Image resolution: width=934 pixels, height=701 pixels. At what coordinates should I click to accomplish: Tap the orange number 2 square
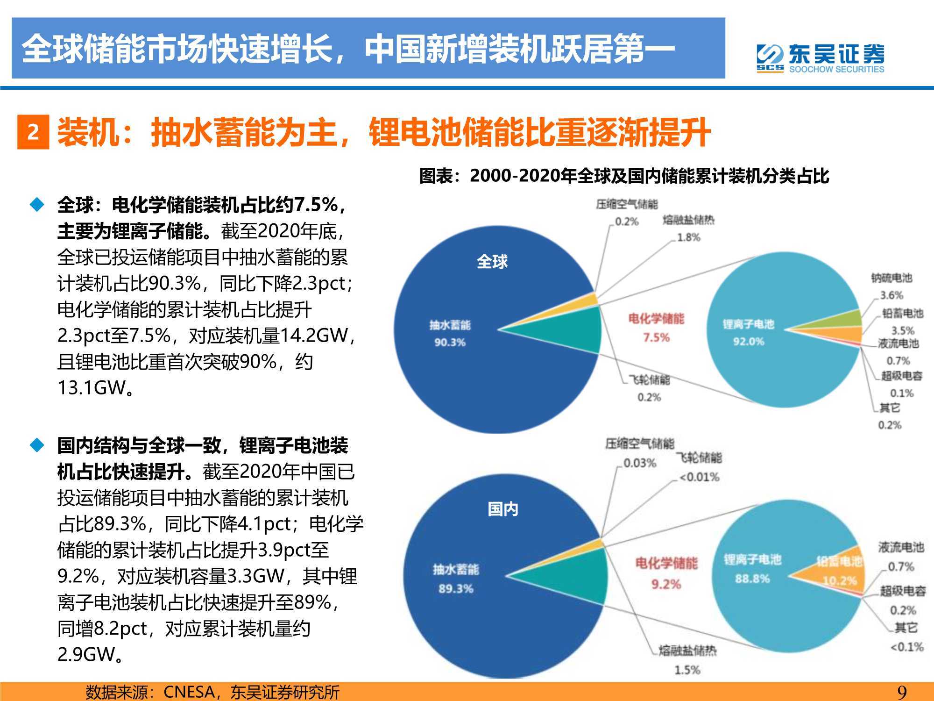pyautogui.click(x=33, y=132)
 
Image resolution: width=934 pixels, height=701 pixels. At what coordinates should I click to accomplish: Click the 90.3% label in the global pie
pyautogui.click(x=450, y=343)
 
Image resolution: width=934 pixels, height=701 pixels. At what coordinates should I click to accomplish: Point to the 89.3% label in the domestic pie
pyautogui.click(x=455, y=589)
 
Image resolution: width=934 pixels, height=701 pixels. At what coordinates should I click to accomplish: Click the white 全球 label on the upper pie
pyautogui.click(x=492, y=262)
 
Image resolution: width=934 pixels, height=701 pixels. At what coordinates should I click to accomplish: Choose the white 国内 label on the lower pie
pyautogui.click(x=502, y=509)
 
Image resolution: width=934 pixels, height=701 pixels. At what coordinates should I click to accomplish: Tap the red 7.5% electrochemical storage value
pyautogui.click(x=656, y=337)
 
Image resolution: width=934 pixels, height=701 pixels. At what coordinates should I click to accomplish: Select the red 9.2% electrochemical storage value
pyautogui.click(x=666, y=584)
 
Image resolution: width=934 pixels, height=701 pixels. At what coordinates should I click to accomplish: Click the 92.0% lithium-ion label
pyautogui.click(x=748, y=342)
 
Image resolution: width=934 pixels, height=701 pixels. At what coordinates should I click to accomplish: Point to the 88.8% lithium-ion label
pyautogui.click(x=752, y=579)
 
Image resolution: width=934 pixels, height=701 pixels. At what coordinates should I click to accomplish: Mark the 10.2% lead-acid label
pyautogui.click(x=840, y=581)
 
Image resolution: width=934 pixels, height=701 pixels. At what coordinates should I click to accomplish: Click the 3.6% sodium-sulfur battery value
pyautogui.click(x=892, y=295)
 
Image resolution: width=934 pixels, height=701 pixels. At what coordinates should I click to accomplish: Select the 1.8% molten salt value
pyautogui.click(x=689, y=237)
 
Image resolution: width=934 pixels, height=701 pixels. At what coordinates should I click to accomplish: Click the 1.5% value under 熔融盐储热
pyautogui.click(x=687, y=670)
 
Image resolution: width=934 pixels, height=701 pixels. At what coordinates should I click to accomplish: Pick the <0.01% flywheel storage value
pyautogui.click(x=699, y=477)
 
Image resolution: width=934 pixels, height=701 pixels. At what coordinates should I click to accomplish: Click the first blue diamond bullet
pyautogui.click(x=37, y=205)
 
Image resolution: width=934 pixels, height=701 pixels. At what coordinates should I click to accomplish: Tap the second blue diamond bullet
pyautogui.click(x=37, y=445)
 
